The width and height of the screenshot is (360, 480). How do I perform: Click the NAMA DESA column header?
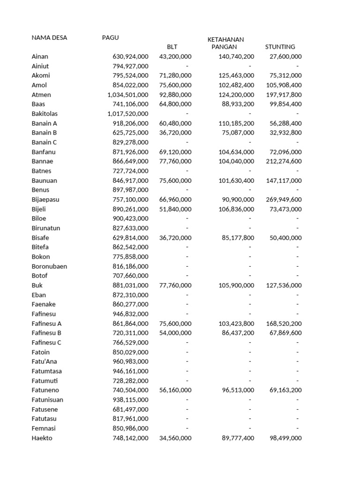pos(49,37)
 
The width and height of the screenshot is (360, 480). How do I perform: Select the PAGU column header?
pos(111,37)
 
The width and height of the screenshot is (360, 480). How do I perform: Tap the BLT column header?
pos(172,47)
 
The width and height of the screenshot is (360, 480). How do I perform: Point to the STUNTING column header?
pos(280,47)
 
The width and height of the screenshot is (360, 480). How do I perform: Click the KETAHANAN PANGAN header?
pos(225,43)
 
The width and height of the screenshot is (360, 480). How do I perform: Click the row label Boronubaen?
pos(49,266)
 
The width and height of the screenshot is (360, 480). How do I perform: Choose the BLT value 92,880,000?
pos(175,95)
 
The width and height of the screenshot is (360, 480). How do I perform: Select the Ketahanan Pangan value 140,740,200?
pos(236,56)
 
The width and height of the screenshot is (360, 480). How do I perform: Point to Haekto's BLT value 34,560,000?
pos(175,438)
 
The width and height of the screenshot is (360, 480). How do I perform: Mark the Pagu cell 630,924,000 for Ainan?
pos(130,56)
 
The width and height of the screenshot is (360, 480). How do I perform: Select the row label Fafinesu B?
pos(46,333)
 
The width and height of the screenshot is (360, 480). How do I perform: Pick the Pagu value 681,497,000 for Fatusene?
pos(130,409)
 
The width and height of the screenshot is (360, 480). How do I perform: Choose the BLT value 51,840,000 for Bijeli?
pos(175,209)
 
